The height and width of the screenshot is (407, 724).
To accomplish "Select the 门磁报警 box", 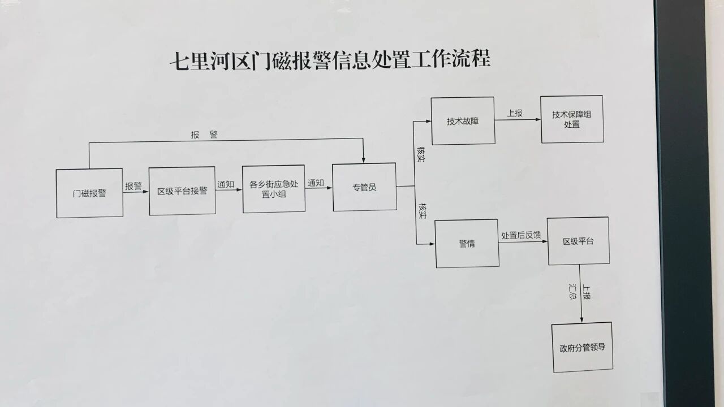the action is [x=89, y=193].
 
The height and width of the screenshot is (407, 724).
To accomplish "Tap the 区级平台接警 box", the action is [x=182, y=191].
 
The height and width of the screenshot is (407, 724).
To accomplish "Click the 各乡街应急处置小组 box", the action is [x=274, y=189].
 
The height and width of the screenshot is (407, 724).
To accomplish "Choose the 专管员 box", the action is [x=364, y=187].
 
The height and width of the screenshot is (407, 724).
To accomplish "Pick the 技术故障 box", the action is [x=463, y=121].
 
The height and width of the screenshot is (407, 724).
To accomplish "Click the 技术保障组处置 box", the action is [x=572, y=119].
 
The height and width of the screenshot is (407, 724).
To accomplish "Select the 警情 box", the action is [x=467, y=244].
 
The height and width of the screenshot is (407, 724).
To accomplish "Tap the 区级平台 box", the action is [x=578, y=241].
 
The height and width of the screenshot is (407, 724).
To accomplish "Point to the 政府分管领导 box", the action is [x=582, y=347].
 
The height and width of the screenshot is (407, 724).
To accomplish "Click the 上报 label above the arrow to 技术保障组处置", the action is [x=515, y=113].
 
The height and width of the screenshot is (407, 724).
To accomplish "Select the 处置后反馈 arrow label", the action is [x=521, y=236].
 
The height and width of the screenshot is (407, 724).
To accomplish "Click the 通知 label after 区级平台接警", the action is [x=226, y=184].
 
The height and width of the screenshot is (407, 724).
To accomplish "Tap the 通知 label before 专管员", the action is [x=316, y=183].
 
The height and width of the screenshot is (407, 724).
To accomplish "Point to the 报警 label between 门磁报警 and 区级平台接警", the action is [x=134, y=187].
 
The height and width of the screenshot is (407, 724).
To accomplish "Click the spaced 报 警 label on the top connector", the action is [x=204, y=135].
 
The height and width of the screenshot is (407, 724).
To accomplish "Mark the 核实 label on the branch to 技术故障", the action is [x=421, y=155].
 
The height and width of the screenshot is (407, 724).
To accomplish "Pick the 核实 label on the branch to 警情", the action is [x=422, y=210].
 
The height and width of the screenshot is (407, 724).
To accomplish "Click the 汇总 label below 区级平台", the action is [x=573, y=292].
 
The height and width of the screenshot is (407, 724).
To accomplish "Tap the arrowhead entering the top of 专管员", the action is [x=363, y=159].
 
